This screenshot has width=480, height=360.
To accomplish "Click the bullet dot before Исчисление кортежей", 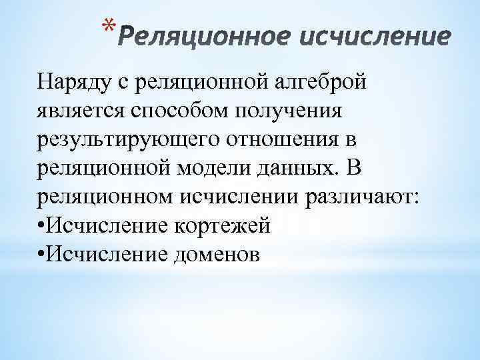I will click(x=41, y=227).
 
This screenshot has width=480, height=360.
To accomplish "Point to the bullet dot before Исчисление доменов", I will click(x=41, y=255).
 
